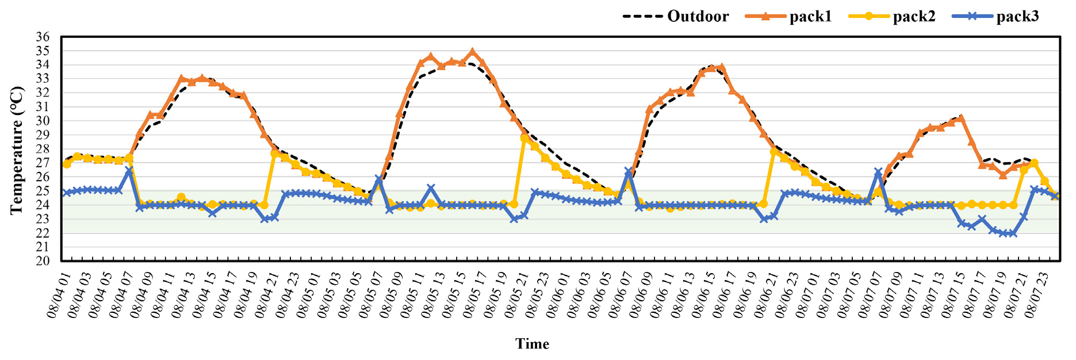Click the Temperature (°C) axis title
17,150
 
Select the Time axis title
532,344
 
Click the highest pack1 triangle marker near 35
473,52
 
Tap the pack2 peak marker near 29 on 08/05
524,138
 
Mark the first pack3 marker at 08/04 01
67,193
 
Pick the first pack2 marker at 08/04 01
67,164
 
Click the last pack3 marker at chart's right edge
1055,196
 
